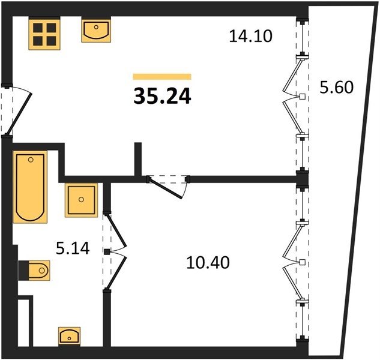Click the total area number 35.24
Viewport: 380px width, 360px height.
(x=162, y=96)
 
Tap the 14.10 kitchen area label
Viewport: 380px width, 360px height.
(x=250, y=36)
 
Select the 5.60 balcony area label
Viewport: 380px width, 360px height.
(x=337, y=87)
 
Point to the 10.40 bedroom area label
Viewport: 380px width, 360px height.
(x=208, y=263)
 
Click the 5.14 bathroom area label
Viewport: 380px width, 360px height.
(x=73, y=248)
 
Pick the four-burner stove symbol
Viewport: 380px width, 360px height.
(x=44, y=34)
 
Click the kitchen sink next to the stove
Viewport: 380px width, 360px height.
(x=96, y=31)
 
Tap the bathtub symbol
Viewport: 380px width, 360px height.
(x=30, y=187)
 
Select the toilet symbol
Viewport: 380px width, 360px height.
(x=34, y=271)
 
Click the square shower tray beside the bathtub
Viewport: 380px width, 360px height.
(x=81, y=200)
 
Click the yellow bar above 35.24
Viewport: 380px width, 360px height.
(x=162, y=77)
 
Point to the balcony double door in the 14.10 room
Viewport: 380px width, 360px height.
(x=296, y=97)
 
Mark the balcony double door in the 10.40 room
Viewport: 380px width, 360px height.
(x=296, y=262)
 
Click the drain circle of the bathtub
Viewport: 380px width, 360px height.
(x=31, y=160)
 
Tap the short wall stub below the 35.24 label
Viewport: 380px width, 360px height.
(x=138, y=159)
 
